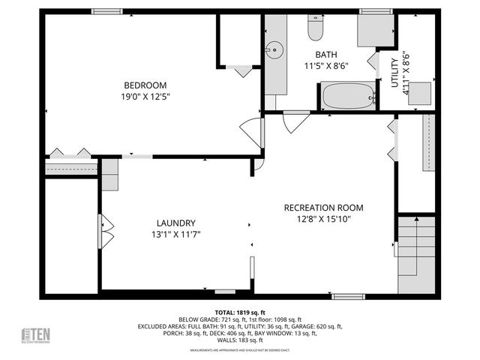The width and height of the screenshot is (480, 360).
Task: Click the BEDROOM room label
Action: (145, 85)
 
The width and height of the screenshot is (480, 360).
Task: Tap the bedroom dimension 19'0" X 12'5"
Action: (145, 97)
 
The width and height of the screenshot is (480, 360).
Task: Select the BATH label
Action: (326, 55)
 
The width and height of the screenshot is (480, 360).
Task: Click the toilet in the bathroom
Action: (315, 28)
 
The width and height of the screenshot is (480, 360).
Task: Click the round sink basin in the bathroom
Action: (274, 50)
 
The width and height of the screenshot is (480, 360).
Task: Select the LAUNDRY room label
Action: (176, 223)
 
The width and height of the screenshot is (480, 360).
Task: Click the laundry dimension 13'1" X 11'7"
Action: (176, 235)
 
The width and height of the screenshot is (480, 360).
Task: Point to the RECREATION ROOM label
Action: (323, 208)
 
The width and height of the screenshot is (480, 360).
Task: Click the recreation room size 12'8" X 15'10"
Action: (323, 219)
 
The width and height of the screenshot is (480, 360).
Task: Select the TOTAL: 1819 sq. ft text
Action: (239, 311)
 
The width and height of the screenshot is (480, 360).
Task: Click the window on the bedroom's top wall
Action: (107, 11)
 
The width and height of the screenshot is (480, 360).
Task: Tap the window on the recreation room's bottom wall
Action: (349, 296)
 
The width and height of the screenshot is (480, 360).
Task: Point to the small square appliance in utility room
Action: (419, 91)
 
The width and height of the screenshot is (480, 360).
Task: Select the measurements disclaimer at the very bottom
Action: (239, 350)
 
